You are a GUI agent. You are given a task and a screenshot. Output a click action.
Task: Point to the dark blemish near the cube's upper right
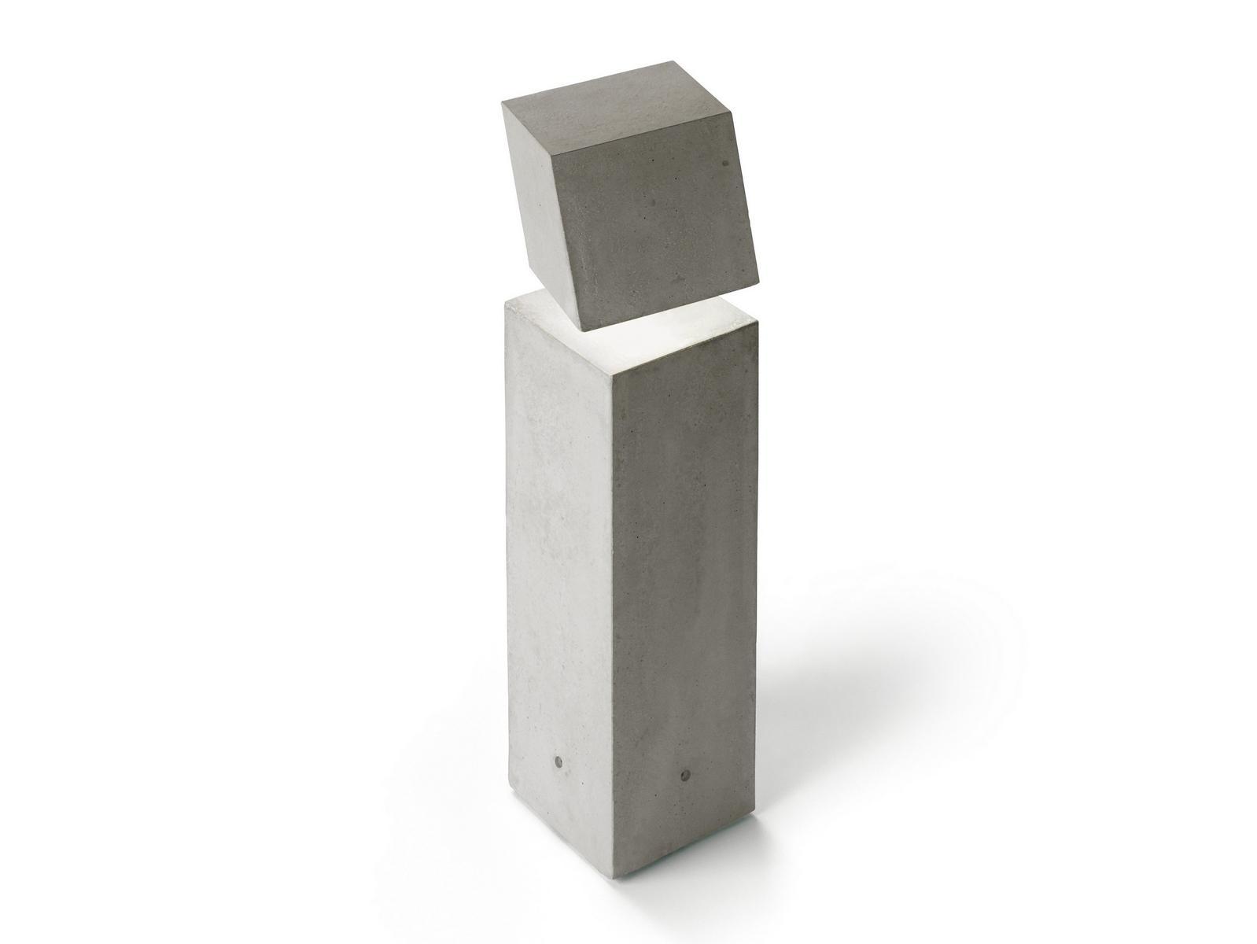[x=725, y=163]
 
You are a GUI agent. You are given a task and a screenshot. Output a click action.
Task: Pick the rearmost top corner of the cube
[x=675, y=61]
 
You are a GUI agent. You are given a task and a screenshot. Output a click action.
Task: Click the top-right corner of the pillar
[x=757, y=320]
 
